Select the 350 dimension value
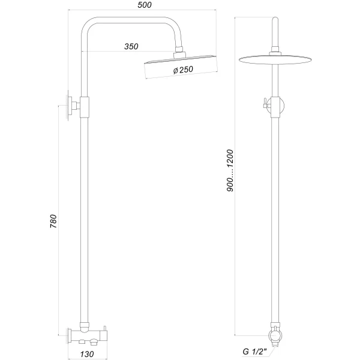coord(132,46)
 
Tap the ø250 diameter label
coord(182,71)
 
